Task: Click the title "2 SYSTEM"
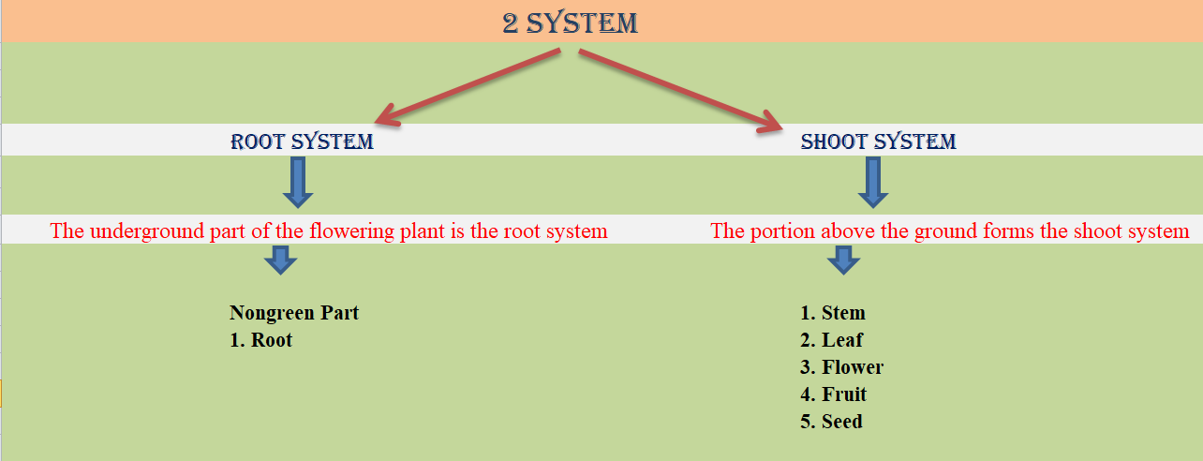[x=570, y=22]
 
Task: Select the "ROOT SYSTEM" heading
[x=302, y=142]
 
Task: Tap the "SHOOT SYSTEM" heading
[x=878, y=142]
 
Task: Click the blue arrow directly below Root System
[x=298, y=182]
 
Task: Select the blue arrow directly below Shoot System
[x=873, y=182]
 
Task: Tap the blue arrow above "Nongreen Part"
[x=280, y=260]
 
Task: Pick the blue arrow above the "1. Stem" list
[x=843, y=260]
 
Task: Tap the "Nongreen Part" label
[x=294, y=313]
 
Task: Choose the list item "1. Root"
[x=261, y=340]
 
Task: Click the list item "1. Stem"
[x=833, y=313]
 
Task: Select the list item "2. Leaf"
[x=832, y=340]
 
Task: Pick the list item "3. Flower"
[x=841, y=367]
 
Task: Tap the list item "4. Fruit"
[x=834, y=394]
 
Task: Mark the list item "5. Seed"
[x=832, y=422]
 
